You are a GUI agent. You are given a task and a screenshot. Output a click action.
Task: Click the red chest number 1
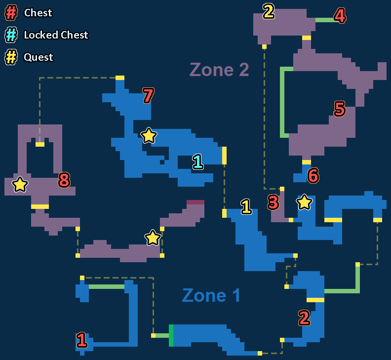point(82,340)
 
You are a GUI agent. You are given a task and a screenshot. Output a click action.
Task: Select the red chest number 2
point(304,318)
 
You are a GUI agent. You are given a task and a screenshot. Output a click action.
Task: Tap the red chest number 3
point(274,202)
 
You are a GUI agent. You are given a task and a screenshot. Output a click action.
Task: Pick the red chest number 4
point(340,16)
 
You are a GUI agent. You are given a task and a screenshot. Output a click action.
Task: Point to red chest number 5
point(340,109)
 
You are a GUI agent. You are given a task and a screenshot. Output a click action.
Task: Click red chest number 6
point(313,175)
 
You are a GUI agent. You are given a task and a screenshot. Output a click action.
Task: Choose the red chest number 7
point(148,96)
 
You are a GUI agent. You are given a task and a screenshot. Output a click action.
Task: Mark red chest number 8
point(64,181)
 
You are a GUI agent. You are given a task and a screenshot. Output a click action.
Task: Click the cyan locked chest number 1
point(197,161)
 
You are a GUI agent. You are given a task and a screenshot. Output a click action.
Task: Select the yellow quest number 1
point(246,206)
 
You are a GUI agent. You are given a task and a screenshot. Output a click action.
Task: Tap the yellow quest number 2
point(269,11)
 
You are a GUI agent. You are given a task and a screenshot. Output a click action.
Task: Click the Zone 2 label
point(219,70)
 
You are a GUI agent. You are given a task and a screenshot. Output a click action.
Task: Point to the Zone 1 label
point(211,295)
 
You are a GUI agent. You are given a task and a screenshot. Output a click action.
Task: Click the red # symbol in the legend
point(11,12)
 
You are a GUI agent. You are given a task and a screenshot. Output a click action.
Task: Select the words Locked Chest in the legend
point(56,35)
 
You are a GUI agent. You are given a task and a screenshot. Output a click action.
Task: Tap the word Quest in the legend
point(38,57)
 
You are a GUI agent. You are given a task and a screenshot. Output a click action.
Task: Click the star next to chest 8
point(20,184)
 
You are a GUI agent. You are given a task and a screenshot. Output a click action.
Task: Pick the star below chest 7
point(149,135)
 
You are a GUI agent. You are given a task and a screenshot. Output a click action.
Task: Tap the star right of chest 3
point(304,201)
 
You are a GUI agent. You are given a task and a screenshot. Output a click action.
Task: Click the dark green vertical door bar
point(171,335)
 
